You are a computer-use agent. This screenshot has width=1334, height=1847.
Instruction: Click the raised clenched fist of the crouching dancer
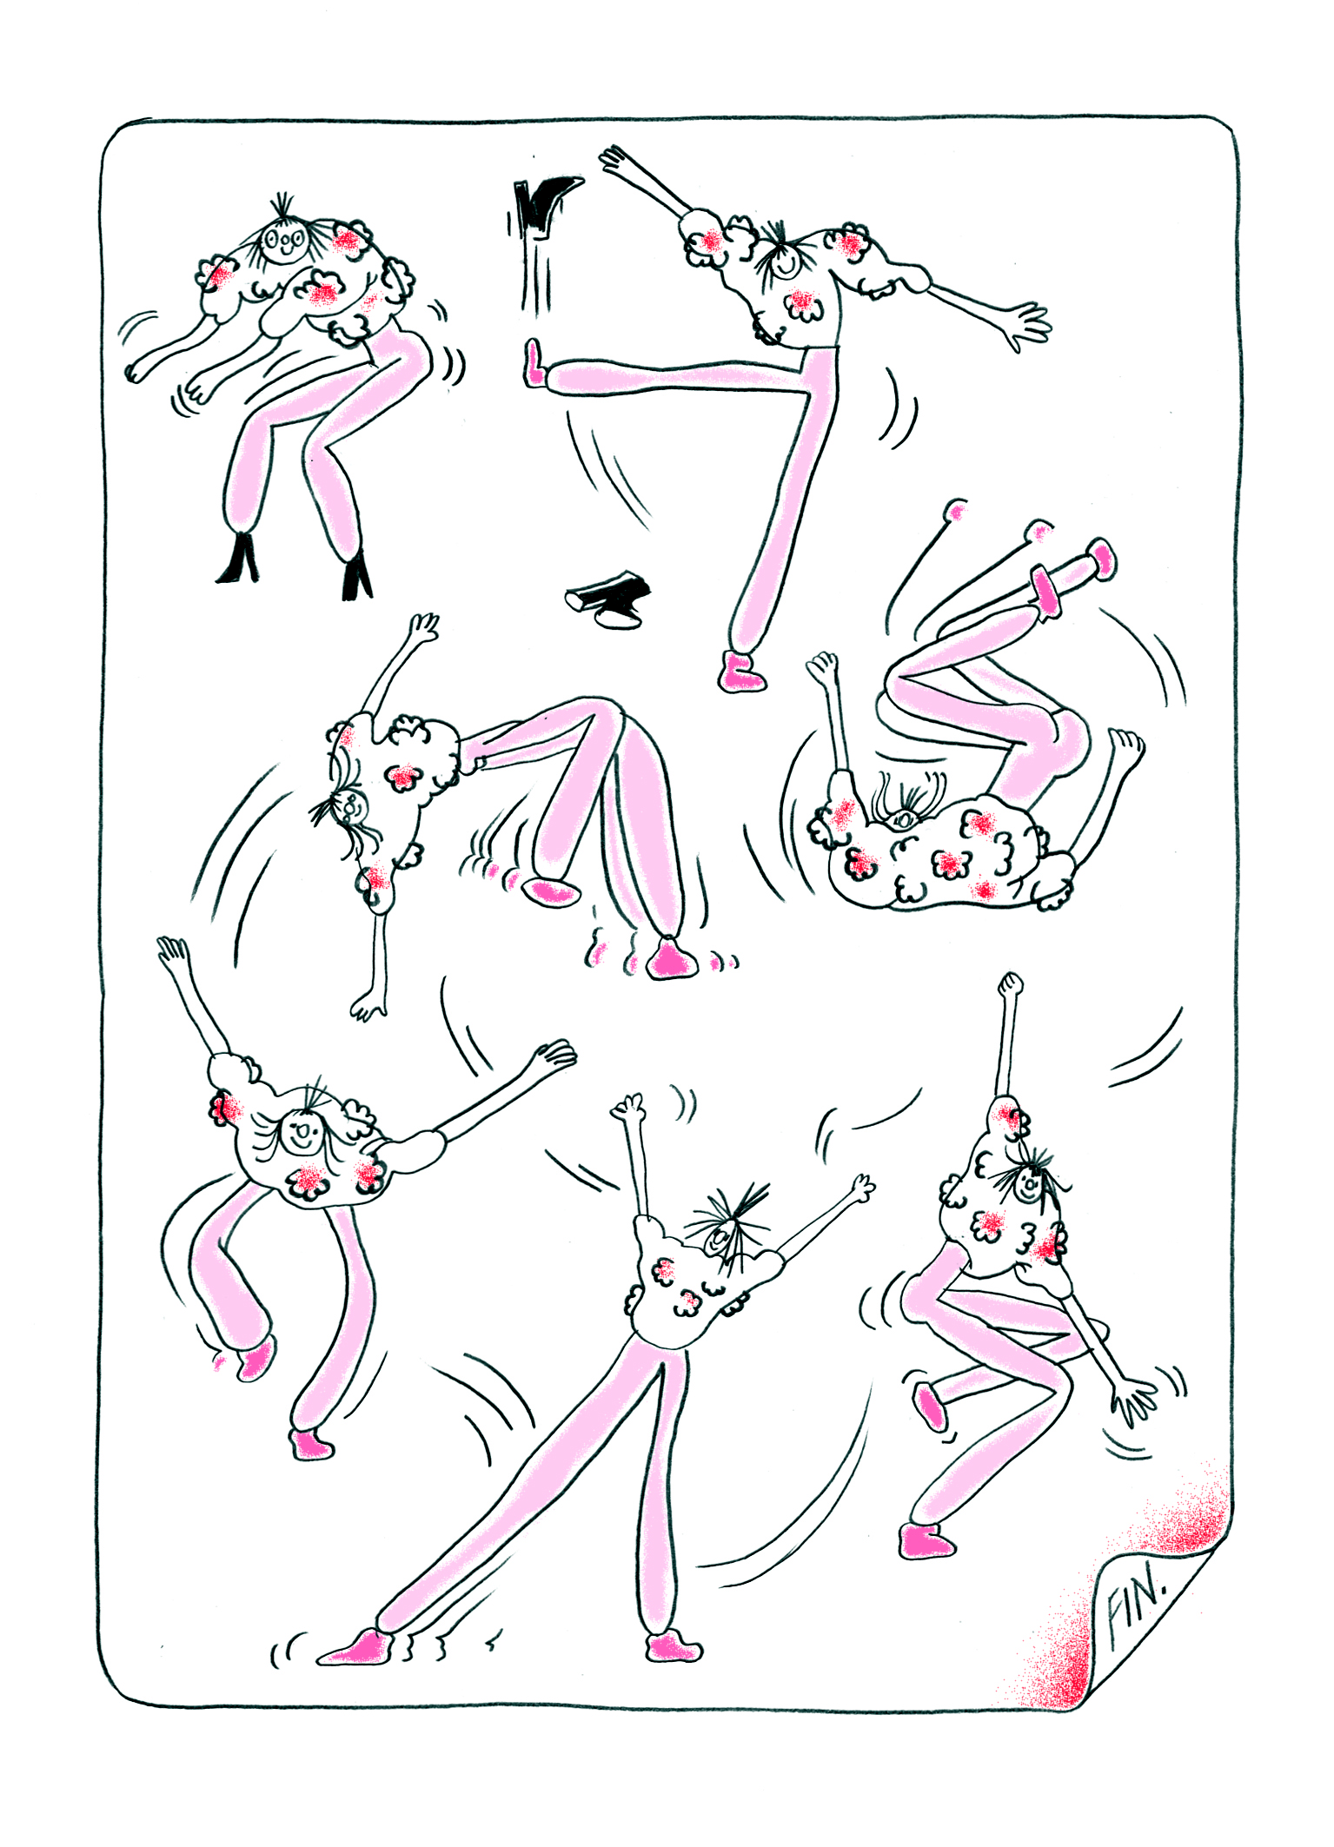(x=1010, y=984)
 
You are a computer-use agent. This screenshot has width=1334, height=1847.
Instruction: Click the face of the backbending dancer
(x=352, y=805)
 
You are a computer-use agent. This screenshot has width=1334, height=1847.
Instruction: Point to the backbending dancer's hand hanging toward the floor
(x=369, y=1004)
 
